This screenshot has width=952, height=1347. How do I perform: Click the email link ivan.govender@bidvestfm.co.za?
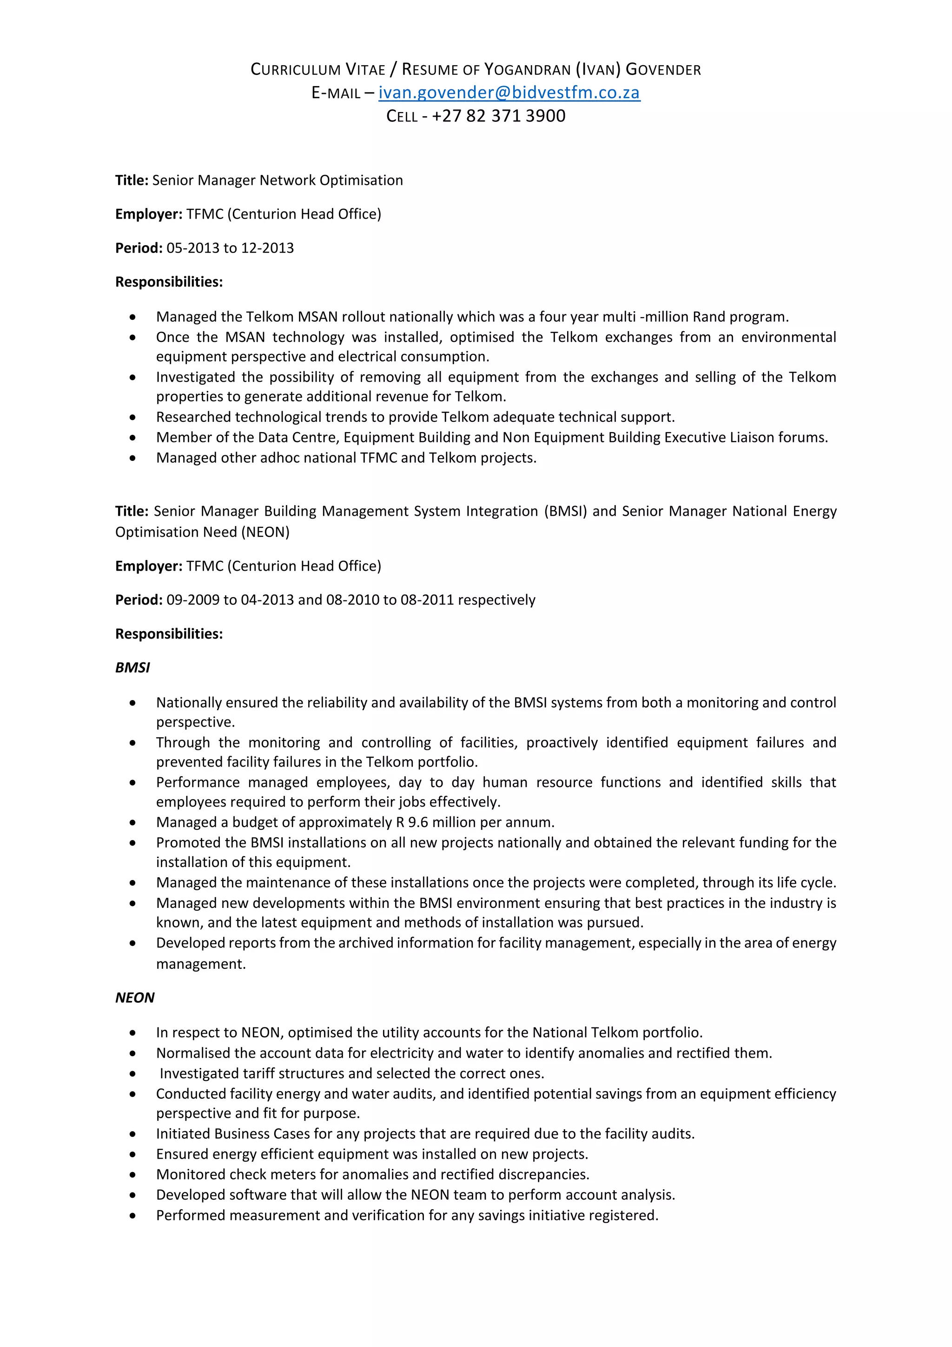pyautogui.click(x=509, y=93)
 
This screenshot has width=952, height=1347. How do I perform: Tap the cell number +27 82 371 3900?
pyautogui.click(x=498, y=116)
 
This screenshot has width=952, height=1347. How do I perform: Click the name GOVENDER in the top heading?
pyautogui.click(x=663, y=70)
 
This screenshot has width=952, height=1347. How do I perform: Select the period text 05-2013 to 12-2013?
pyautogui.click(x=230, y=248)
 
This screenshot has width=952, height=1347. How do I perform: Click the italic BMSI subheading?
pyautogui.click(x=132, y=667)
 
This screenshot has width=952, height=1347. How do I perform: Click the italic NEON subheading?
pyautogui.click(x=134, y=998)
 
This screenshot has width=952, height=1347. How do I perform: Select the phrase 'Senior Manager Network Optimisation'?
pyautogui.click(x=277, y=180)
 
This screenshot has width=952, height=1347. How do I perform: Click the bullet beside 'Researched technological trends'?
pyautogui.click(x=133, y=418)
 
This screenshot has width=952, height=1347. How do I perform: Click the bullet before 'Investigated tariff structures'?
pyautogui.click(x=133, y=1074)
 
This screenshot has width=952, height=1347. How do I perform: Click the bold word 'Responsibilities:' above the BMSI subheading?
pyautogui.click(x=169, y=634)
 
